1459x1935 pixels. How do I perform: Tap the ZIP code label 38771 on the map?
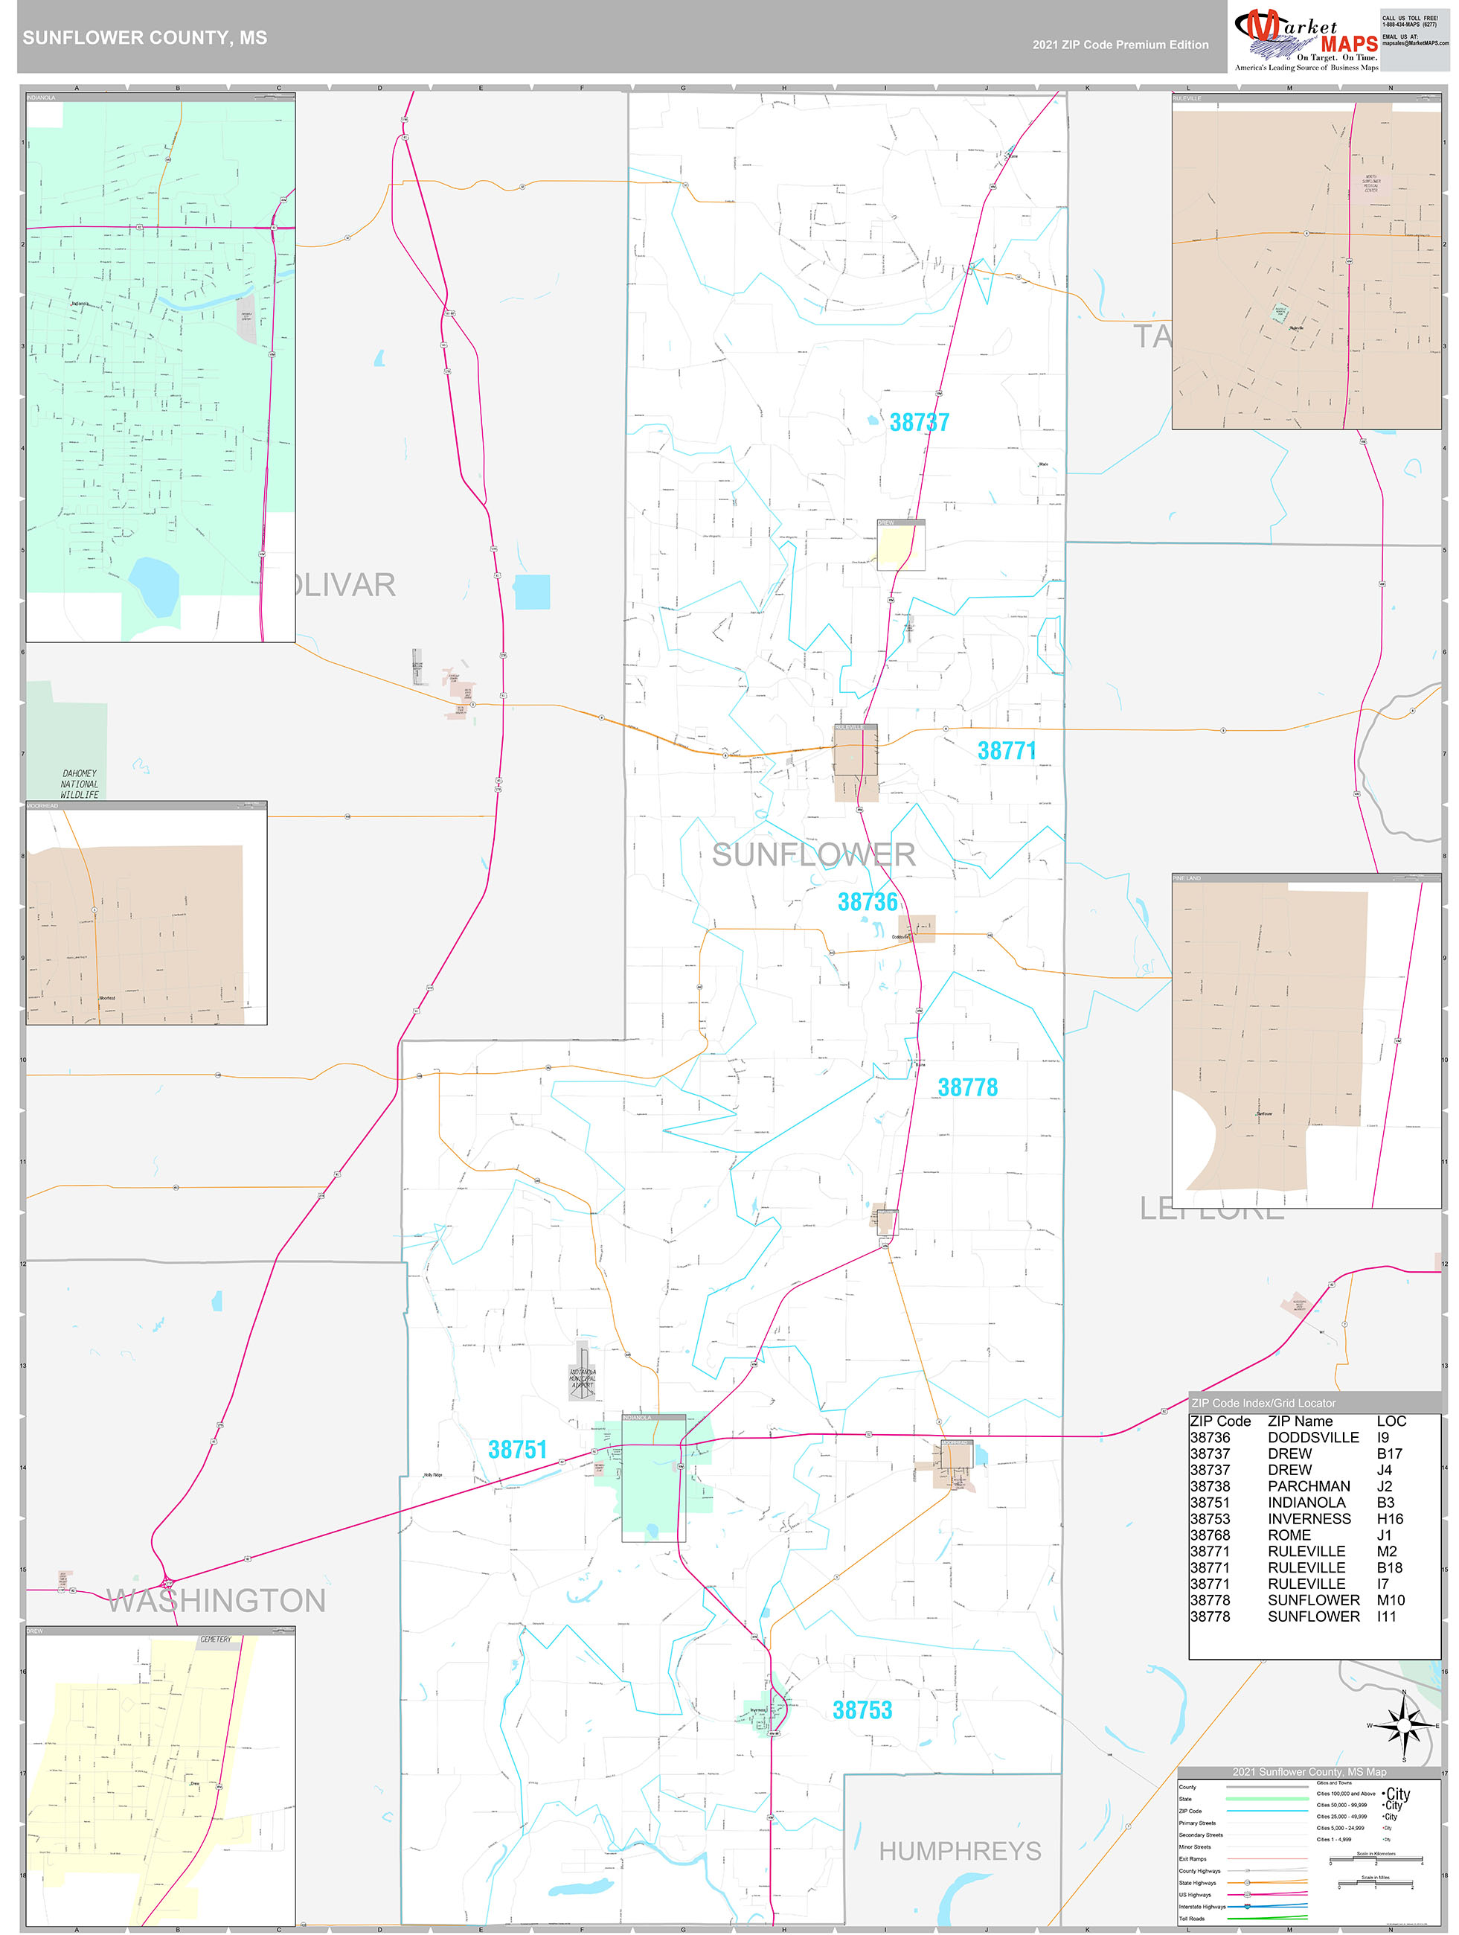coord(1006,750)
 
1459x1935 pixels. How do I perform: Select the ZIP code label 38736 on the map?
coord(867,902)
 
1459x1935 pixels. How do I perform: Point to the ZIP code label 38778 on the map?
coord(966,1087)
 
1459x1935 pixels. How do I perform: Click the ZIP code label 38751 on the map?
coord(517,1450)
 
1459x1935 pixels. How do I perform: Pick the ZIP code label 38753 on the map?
coord(862,1710)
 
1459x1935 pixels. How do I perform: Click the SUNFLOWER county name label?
coord(813,854)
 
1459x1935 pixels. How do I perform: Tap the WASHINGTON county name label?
coord(216,1601)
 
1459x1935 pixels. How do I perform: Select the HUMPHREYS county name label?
coord(960,1851)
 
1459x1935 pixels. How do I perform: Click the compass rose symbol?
coord(1404,1726)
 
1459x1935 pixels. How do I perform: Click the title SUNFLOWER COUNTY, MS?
coord(145,38)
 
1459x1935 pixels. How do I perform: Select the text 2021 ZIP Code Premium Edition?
coord(1120,45)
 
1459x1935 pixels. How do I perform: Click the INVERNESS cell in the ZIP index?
coord(1309,1519)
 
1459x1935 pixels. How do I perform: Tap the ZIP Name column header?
coord(1300,1421)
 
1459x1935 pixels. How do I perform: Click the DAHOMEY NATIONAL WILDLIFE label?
coord(80,784)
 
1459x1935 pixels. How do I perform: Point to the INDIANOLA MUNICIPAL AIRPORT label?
coord(583,1378)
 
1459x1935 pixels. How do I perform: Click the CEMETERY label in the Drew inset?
coord(215,1640)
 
